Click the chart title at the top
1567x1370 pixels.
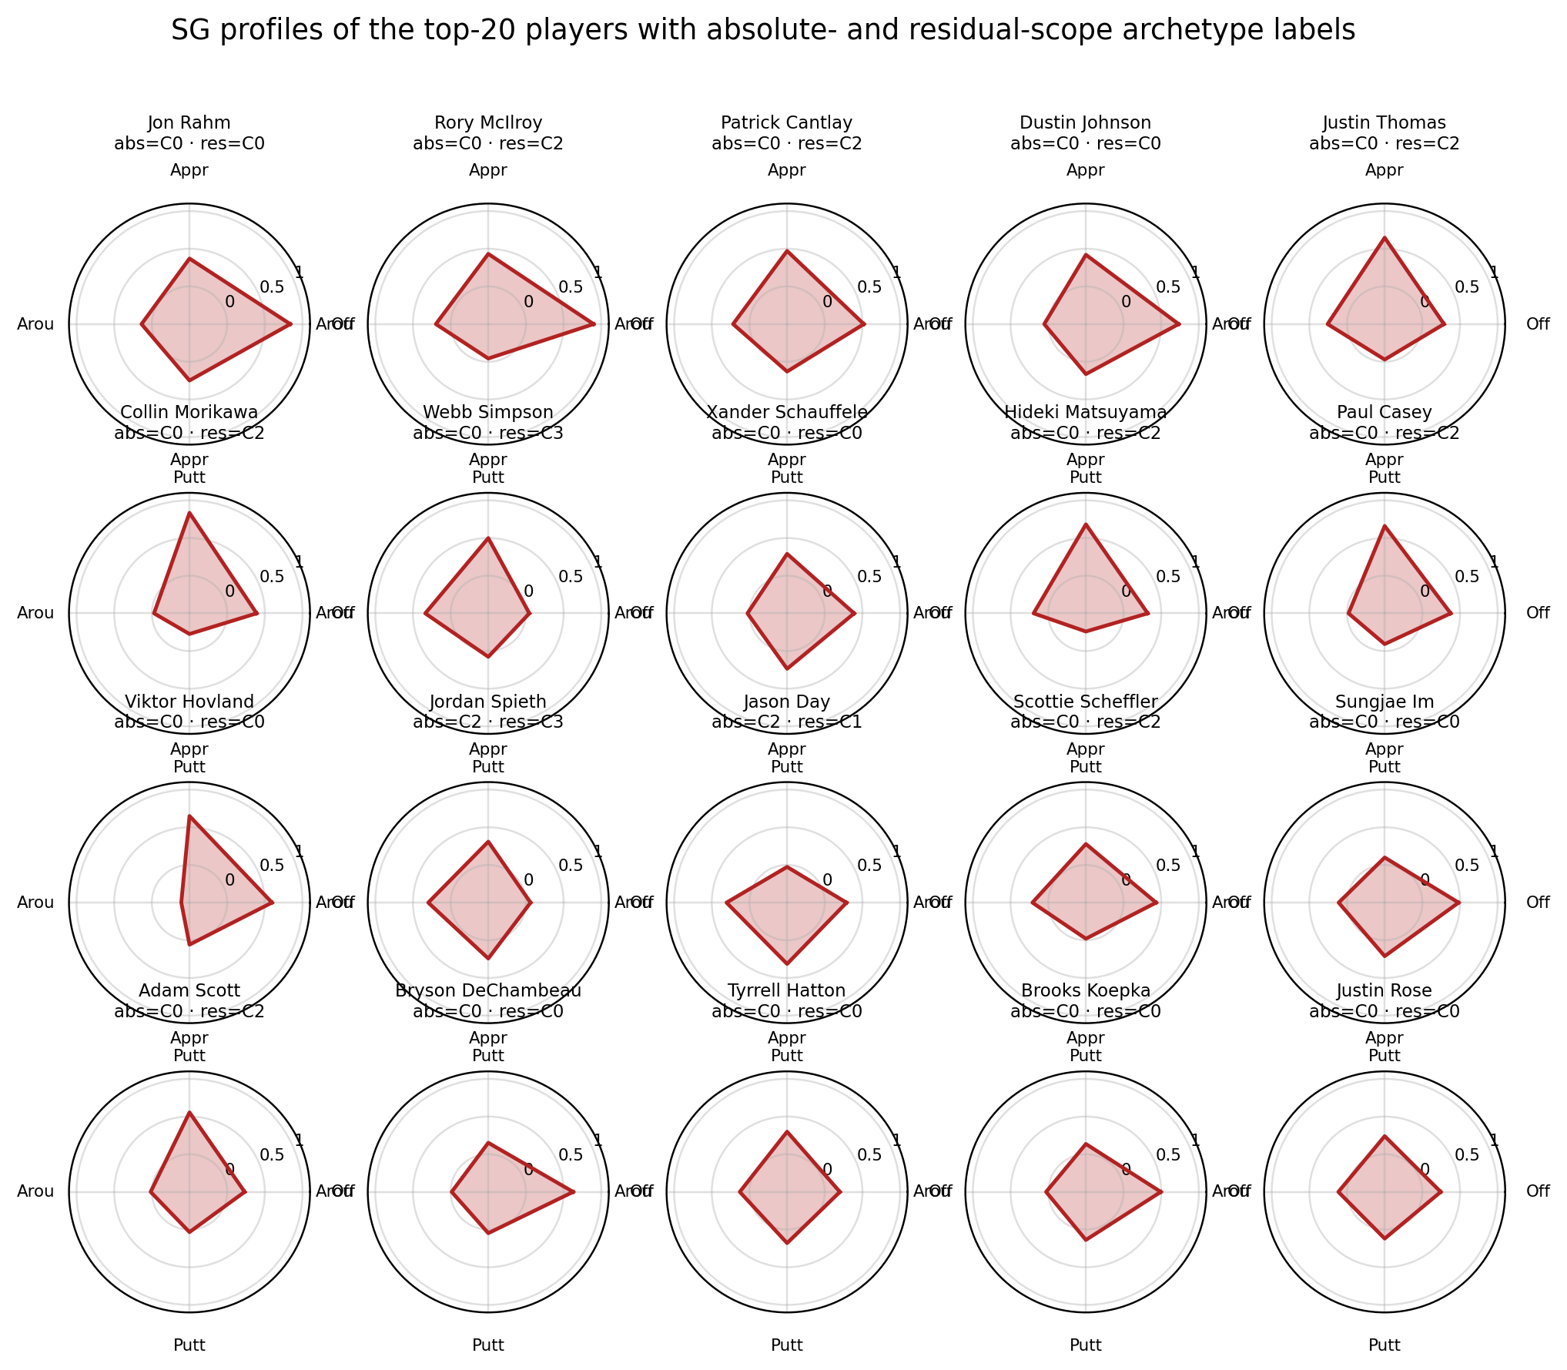click(762, 31)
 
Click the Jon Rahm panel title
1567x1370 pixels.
click(189, 123)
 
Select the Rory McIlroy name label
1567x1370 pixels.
click(488, 123)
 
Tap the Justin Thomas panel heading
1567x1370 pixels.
click(1385, 123)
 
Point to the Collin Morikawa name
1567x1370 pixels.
click(189, 412)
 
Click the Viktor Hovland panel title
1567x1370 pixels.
click(189, 702)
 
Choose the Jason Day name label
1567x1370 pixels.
click(787, 702)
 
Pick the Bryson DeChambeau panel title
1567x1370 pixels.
click(488, 990)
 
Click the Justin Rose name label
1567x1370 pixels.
click(1385, 990)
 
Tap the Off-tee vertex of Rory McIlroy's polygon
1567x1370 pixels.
click(594, 324)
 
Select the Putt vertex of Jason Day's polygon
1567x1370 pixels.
click(787, 963)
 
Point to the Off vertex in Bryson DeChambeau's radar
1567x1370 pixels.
click(574, 1192)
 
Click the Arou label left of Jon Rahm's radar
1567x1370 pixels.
click(35, 324)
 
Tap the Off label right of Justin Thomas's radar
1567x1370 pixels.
click(1538, 324)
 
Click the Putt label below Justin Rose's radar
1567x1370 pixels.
click(1385, 1345)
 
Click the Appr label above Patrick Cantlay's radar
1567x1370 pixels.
click(787, 170)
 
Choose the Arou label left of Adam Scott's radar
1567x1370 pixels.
click(35, 1192)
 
